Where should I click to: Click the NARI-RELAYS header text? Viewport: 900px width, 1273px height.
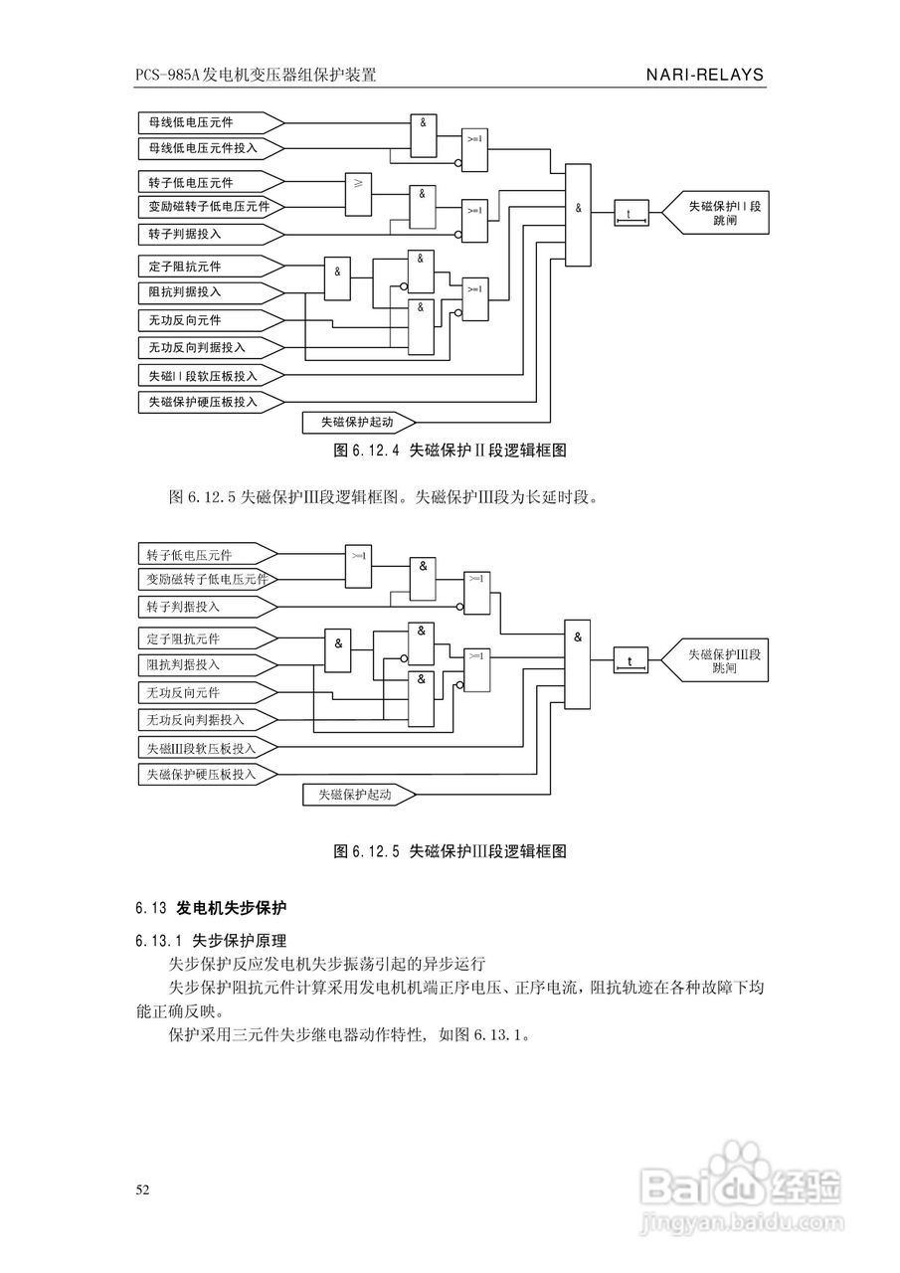click(704, 75)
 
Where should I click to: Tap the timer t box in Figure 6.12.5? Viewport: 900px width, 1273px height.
click(629, 661)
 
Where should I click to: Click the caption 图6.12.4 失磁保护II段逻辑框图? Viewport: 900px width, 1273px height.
click(450, 451)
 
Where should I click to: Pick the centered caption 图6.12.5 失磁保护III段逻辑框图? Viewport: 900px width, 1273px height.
click(450, 851)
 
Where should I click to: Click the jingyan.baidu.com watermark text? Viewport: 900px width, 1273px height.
click(742, 1218)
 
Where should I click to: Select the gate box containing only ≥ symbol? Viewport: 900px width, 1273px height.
click(358, 195)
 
